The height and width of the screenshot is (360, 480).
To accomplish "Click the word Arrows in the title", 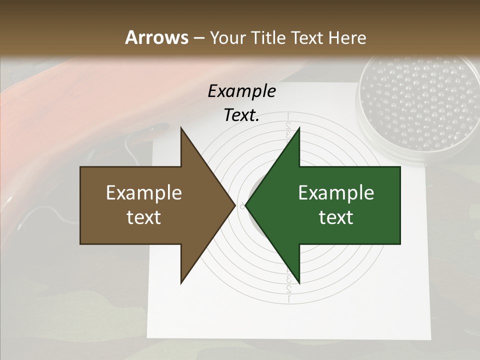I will pyautogui.click(x=156, y=37).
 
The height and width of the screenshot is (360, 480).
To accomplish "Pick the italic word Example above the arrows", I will pyautogui.click(x=241, y=91).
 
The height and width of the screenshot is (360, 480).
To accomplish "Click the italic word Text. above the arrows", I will pyautogui.click(x=241, y=115).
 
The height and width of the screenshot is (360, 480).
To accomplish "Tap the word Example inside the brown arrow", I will pyautogui.click(x=144, y=193).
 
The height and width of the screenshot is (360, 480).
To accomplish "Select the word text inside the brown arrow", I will pyautogui.click(x=144, y=217).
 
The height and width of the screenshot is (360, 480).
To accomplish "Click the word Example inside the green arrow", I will pyautogui.click(x=336, y=193).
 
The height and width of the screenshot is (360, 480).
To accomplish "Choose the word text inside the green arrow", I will pyautogui.click(x=336, y=217).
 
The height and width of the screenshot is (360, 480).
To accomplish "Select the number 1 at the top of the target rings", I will pyautogui.click(x=288, y=117).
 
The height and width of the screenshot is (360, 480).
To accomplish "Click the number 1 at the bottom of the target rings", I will pyautogui.click(x=289, y=299).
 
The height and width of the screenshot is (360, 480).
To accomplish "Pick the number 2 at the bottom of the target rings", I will pyautogui.click(x=289, y=289).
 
